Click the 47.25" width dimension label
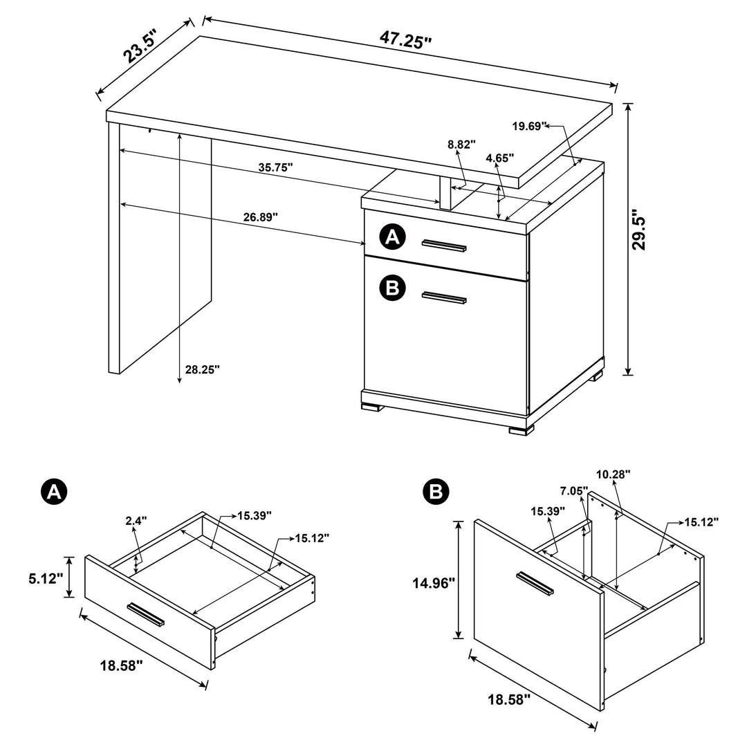tap(405, 39)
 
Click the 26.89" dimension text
tap(260, 216)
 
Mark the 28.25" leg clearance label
tap(202, 369)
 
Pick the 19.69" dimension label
tap(530, 126)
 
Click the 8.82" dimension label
tap(462, 145)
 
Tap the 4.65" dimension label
tap(500, 158)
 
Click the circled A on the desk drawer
tap(392, 238)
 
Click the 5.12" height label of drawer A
tap(50, 578)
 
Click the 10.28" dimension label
tap(614, 474)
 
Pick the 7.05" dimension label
tap(574, 491)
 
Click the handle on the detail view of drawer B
tap(535, 583)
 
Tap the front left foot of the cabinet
tap(372, 408)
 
